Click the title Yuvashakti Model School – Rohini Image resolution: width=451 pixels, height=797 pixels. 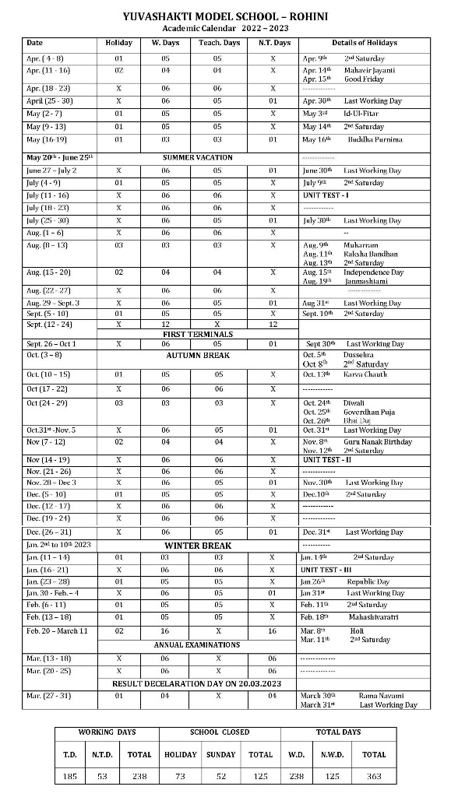click(225, 16)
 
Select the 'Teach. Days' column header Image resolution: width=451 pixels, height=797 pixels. click(219, 43)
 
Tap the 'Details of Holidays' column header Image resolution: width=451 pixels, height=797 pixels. click(364, 43)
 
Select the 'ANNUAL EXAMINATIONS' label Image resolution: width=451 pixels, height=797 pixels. click(197, 644)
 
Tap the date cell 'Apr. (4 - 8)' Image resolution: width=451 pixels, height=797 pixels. click(44, 58)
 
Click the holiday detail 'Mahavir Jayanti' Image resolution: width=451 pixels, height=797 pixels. click(368, 70)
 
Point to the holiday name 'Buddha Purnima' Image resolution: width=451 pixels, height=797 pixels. click(374, 139)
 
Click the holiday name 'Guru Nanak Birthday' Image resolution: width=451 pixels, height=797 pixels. click(377, 442)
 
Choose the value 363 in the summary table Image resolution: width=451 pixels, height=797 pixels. click(374, 776)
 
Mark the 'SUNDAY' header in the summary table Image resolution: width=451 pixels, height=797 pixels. click(220, 754)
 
